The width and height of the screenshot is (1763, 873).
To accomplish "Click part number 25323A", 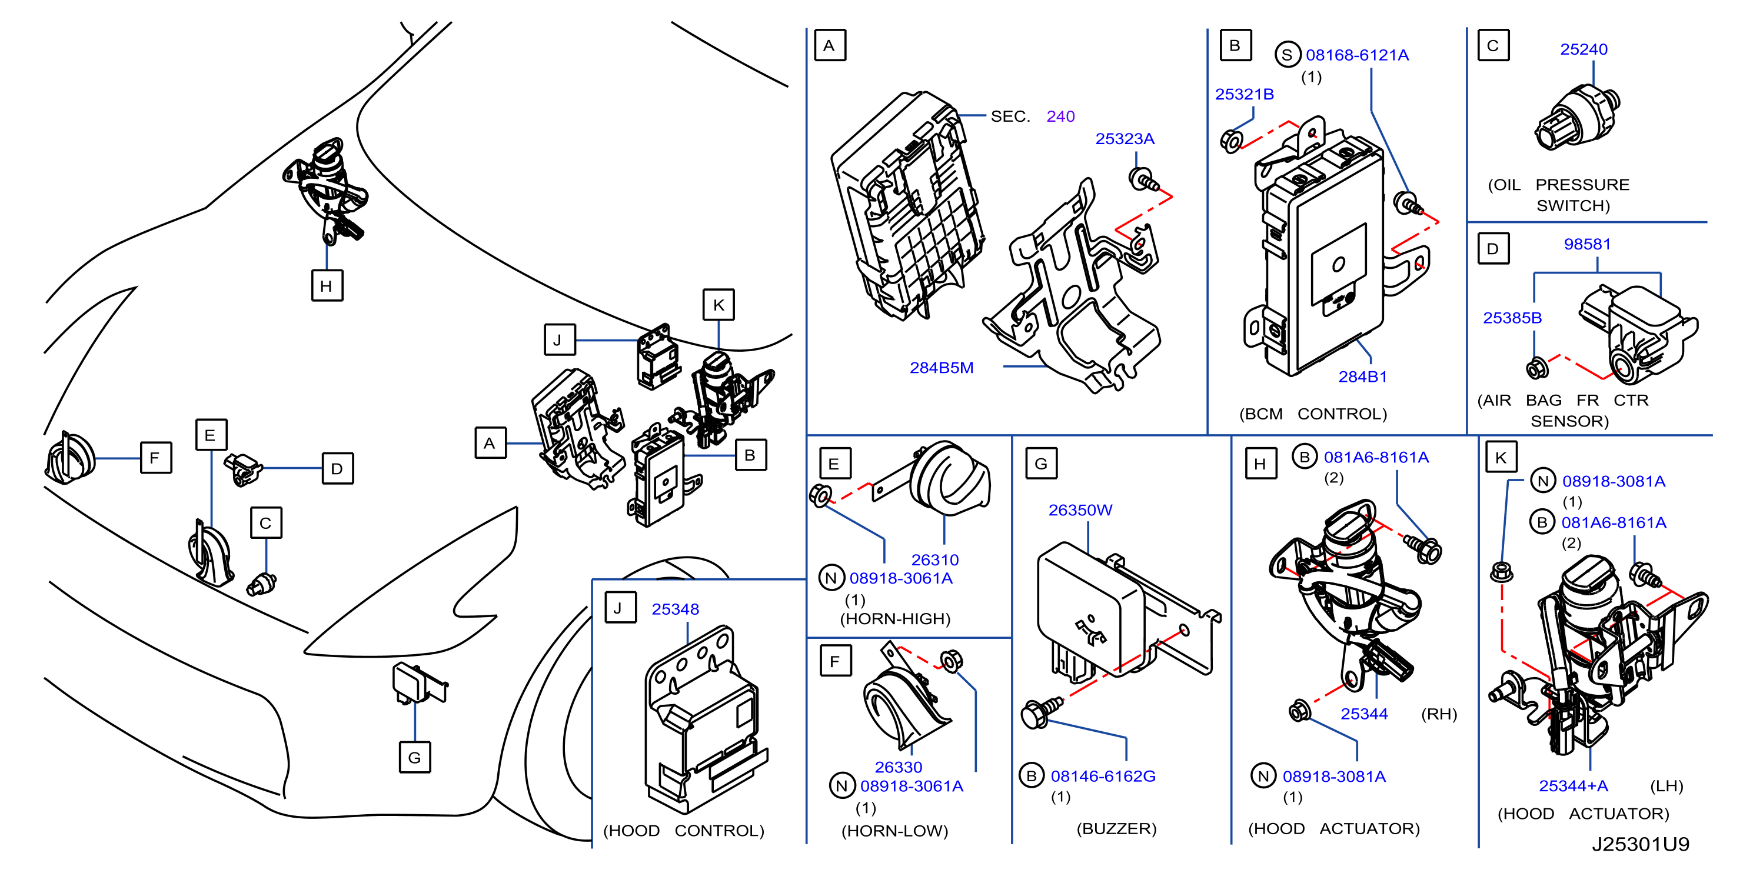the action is pyautogui.click(x=1125, y=139).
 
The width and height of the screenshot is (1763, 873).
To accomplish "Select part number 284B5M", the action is pyautogui.click(x=941, y=368).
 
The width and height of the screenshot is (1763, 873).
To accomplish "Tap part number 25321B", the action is pyautogui.click(x=1244, y=94).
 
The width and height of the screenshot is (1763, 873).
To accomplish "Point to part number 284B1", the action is pyautogui.click(x=1363, y=377).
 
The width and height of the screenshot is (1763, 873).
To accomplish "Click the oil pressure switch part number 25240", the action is pyautogui.click(x=1584, y=49).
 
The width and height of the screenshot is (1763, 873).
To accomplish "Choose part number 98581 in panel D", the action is pyautogui.click(x=1587, y=244).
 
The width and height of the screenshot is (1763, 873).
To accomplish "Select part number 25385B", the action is pyautogui.click(x=1512, y=318).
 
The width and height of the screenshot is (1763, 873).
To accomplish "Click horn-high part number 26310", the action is pyautogui.click(x=935, y=559).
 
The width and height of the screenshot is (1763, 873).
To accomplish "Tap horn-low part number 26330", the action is pyautogui.click(x=899, y=767).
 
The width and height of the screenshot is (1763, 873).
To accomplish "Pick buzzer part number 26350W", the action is pyautogui.click(x=1080, y=511).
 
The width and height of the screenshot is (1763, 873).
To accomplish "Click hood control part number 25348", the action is pyautogui.click(x=675, y=609).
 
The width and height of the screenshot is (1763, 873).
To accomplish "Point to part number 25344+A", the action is pyautogui.click(x=1574, y=786).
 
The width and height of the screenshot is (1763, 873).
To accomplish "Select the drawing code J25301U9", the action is pyautogui.click(x=1641, y=844).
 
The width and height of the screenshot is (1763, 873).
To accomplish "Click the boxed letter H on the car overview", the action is pyautogui.click(x=327, y=285).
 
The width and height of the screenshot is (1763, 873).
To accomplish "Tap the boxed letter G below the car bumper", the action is pyautogui.click(x=415, y=757).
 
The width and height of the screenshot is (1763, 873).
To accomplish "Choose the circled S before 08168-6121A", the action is pyautogui.click(x=1287, y=55).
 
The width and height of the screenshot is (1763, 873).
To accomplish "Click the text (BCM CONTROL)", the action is pyautogui.click(x=1313, y=414).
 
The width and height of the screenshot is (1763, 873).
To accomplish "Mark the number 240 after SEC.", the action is pyautogui.click(x=1061, y=116).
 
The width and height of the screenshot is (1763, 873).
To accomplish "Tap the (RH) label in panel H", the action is pyautogui.click(x=1439, y=714).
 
